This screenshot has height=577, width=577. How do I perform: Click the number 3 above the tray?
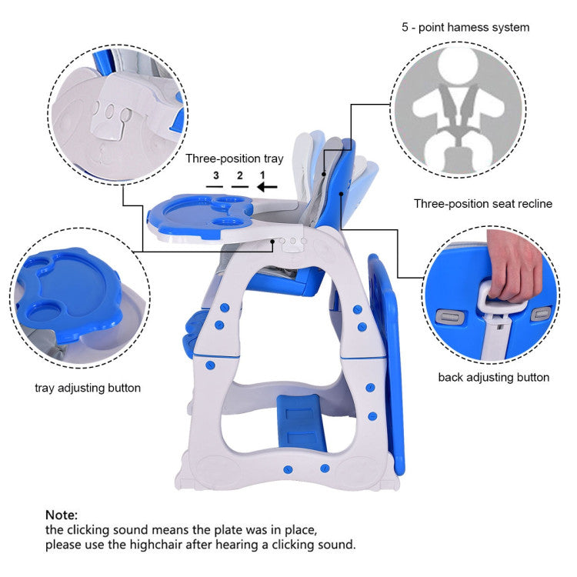tap(216, 175)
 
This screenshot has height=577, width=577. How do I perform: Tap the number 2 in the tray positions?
tap(240, 175)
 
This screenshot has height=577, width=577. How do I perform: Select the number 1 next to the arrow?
tap(262, 175)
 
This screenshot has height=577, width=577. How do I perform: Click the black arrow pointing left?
tap(267, 187)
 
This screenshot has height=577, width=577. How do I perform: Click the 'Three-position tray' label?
tap(235, 158)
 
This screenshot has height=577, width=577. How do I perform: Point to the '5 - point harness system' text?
tap(465, 27)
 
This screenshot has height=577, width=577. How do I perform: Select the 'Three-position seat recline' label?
tap(483, 204)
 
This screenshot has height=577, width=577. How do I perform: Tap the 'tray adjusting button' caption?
tap(88, 389)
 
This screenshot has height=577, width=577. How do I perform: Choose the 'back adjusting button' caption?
tap(493, 378)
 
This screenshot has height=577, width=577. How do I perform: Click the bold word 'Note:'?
tap(62, 515)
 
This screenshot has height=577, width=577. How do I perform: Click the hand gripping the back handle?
tap(515, 264)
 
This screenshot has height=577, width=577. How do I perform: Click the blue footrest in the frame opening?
tap(301, 423)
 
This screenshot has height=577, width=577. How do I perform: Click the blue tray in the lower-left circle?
tap(70, 295)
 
